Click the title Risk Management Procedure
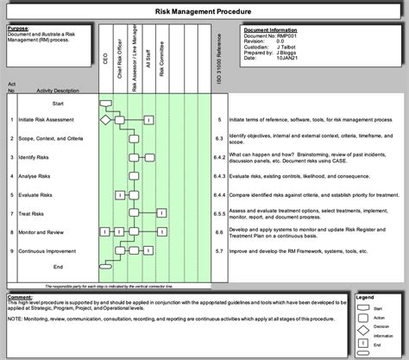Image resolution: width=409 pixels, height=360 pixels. (204, 13)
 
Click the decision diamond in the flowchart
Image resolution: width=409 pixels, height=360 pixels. (105, 120)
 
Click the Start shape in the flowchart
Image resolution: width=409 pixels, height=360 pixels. (105, 103)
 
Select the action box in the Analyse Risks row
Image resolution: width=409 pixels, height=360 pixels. (134, 175)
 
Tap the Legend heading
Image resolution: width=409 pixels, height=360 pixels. (364, 296)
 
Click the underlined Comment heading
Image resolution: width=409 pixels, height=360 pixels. (19, 296)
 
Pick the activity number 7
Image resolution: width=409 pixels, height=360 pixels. (11, 212)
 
